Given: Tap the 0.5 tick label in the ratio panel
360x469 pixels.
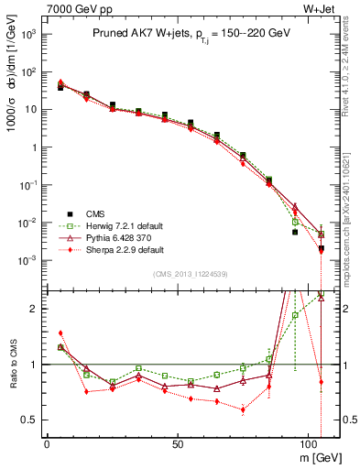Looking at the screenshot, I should coord(27,420).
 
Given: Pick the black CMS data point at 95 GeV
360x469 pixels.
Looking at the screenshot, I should coord(295,232).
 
